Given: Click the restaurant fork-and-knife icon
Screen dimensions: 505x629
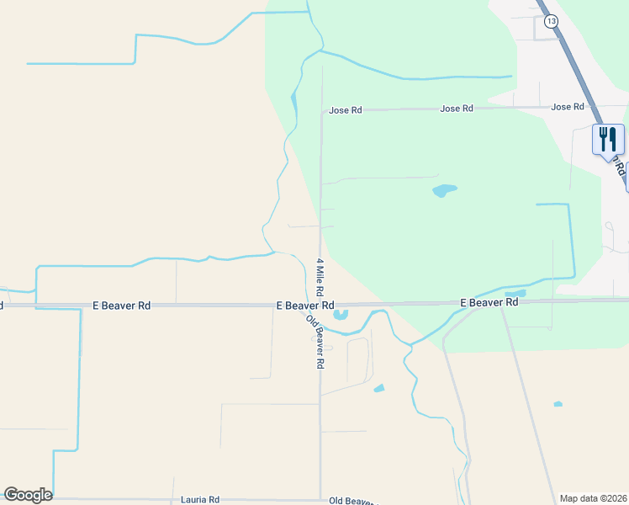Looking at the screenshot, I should pyautogui.click(x=608, y=139).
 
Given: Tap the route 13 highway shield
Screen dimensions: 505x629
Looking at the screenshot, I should pyautogui.click(x=550, y=20).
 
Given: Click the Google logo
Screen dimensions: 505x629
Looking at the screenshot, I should pyautogui.click(x=28, y=495).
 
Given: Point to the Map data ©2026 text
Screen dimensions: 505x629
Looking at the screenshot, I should pyautogui.click(x=593, y=498).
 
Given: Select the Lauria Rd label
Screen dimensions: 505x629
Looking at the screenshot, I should pyautogui.click(x=200, y=499).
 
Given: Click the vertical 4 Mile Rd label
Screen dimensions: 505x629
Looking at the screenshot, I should pyautogui.click(x=320, y=276).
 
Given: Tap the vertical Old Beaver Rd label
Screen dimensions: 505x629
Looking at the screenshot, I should pyautogui.click(x=315, y=342).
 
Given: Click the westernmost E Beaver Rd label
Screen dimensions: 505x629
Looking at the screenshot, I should pyautogui.click(x=121, y=306).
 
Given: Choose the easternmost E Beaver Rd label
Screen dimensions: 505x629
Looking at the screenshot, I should pyautogui.click(x=489, y=302).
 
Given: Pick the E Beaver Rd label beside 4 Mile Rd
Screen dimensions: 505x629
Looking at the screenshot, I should pyautogui.click(x=305, y=306).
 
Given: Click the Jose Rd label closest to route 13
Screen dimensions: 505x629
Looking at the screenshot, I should pyautogui.click(x=568, y=107).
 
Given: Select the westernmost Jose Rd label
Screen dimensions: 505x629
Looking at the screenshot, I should pyautogui.click(x=345, y=110).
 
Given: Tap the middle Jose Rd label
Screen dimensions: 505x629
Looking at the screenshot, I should pyautogui.click(x=457, y=109).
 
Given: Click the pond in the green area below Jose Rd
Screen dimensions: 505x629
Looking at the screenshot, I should pyautogui.click(x=444, y=190).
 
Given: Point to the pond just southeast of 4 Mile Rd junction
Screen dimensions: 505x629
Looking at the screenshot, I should pyautogui.click(x=341, y=316).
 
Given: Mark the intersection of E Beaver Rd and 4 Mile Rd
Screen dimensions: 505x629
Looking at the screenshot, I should pyautogui.click(x=320, y=305).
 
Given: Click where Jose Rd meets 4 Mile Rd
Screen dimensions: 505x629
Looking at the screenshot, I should pyautogui.click(x=320, y=110).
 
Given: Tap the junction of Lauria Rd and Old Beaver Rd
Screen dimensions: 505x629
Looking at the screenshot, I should pyautogui.click(x=320, y=498).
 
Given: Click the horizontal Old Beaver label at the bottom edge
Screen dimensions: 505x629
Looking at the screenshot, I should pyautogui.click(x=352, y=500).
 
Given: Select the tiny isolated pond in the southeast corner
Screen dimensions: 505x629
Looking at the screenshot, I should pyautogui.click(x=558, y=404).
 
